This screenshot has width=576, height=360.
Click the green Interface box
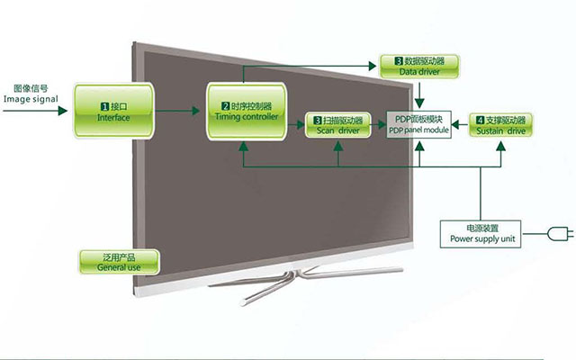(x=113, y=111)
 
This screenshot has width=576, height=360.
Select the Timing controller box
(x=247, y=112)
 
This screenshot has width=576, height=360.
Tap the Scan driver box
(x=338, y=125)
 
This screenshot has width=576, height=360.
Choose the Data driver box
(x=419, y=66)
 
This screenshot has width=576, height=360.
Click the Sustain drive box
(x=500, y=125)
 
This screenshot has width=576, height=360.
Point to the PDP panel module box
(x=418, y=124)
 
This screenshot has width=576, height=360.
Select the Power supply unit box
(x=481, y=234)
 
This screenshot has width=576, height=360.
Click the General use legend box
(x=119, y=262)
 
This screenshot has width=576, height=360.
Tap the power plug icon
(x=560, y=234)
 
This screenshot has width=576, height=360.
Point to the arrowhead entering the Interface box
(x=63, y=111)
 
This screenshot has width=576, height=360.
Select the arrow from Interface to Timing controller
(x=177, y=111)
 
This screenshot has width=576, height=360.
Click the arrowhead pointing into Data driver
(x=372, y=66)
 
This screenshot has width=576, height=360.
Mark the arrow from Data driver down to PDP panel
(x=419, y=94)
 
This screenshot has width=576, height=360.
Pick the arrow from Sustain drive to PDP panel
(x=460, y=125)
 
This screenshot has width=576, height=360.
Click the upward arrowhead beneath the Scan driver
(x=338, y=146)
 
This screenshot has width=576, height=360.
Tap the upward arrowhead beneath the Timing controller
(x=243, y=146)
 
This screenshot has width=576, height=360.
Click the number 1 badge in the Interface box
(x=104, y=107)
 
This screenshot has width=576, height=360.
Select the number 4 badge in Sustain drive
(x=480, y=120)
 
